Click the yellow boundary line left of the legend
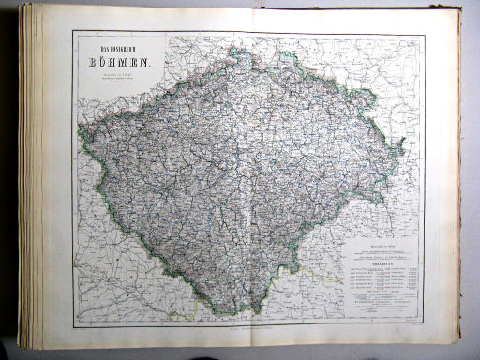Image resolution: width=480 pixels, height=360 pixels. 309,272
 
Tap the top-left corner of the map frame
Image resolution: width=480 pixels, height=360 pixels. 73,31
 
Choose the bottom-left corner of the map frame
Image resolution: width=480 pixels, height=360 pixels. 75,325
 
